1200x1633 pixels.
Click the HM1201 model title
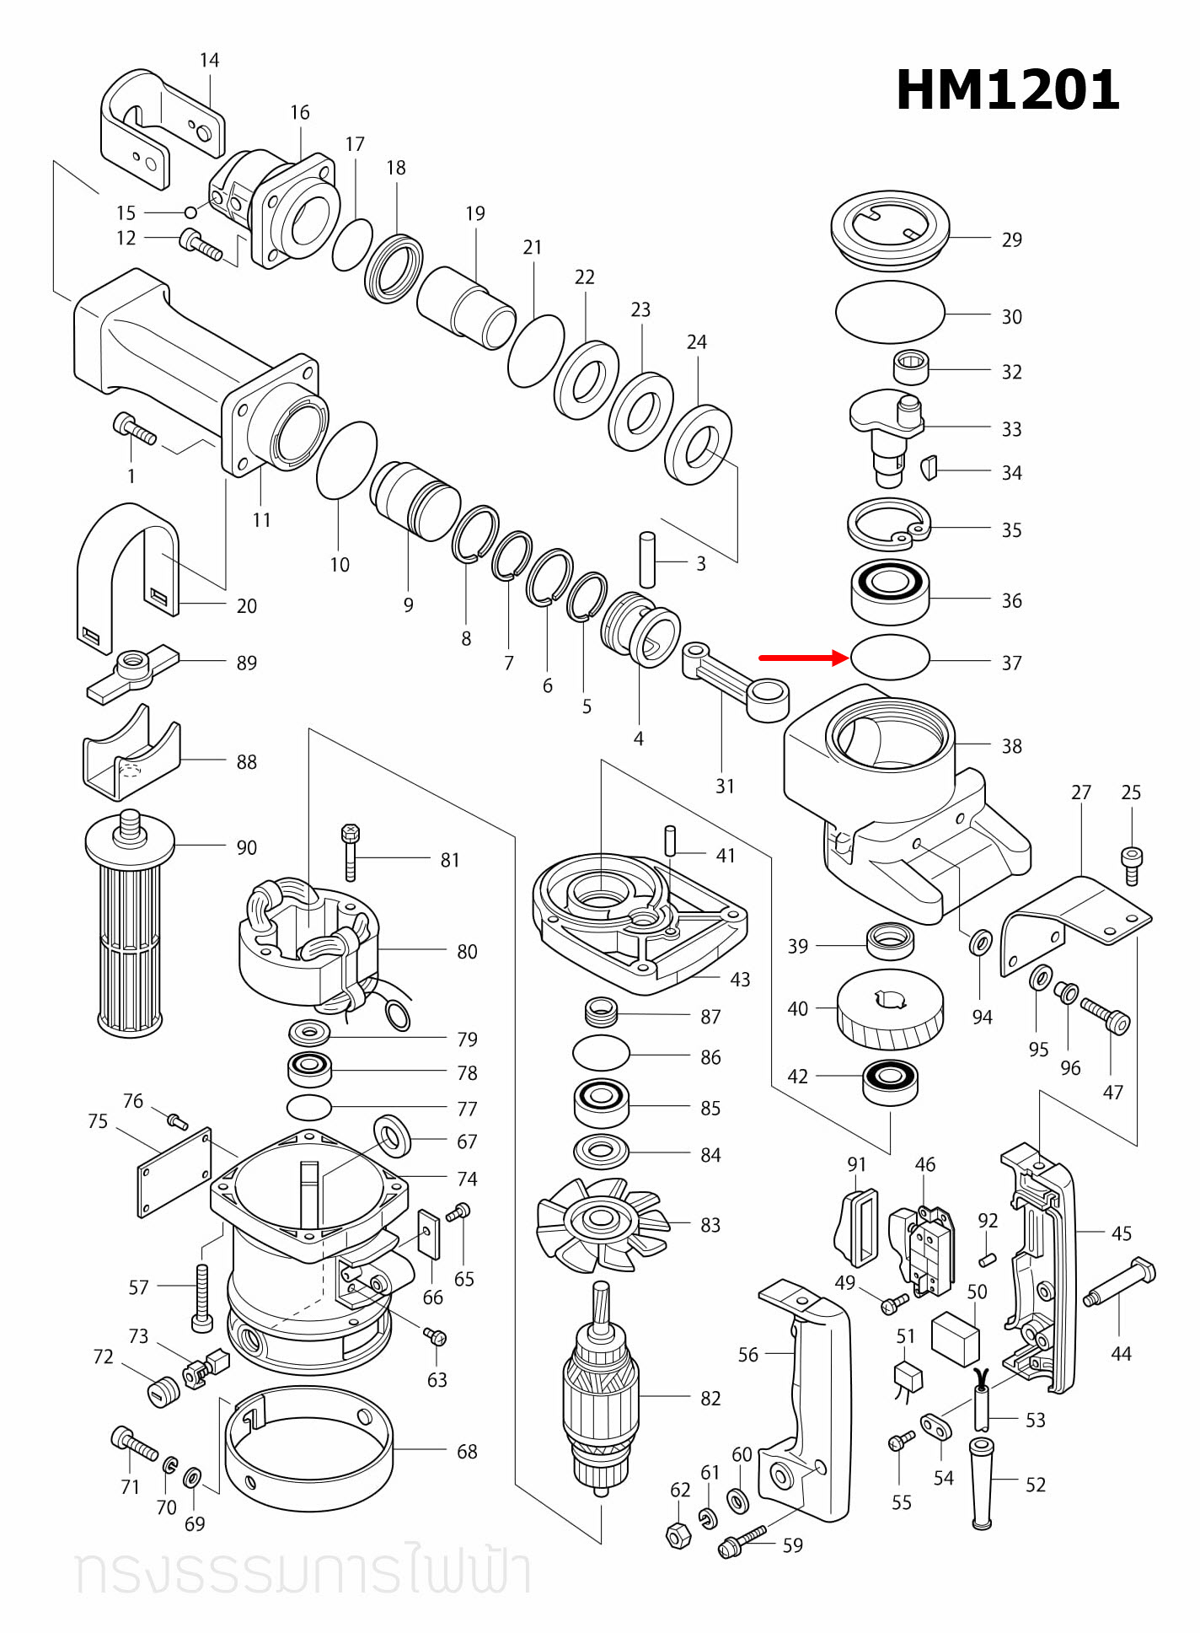[1007, 90]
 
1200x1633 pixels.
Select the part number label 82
[710, 1399]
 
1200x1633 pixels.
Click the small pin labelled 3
[647, 559]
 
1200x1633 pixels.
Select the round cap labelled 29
[890, 230]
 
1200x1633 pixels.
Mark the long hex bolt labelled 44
[1121, 1282]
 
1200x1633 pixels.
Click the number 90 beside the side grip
[246, 847]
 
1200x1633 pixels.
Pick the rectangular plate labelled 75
[174, 1172]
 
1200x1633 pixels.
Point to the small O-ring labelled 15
[191, 212]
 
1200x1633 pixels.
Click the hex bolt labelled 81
[351, 853]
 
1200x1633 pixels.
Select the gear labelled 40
[890, 1008]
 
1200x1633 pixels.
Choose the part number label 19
[475, 213]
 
